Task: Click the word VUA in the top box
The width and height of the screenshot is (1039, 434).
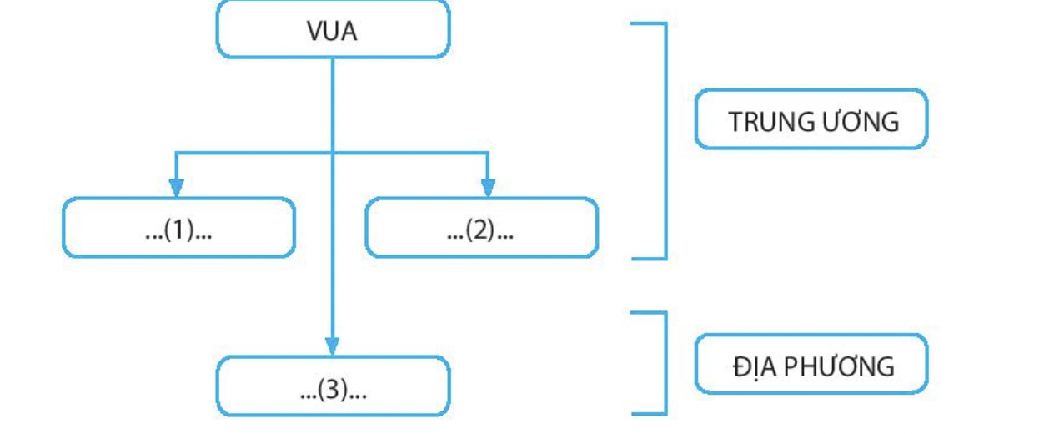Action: [x=332, y=32]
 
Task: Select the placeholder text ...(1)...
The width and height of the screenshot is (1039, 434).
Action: [x=178, y=230]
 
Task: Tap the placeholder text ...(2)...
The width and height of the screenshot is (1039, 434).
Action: [x=481, y=230]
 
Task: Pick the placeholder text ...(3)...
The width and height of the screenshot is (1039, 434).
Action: [x=334, y=390]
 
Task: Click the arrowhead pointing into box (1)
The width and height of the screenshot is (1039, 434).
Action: [x=175, y=189]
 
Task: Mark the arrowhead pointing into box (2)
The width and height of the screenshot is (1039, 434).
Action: [x=489, y=189]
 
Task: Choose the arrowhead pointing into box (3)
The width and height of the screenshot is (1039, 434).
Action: [x=333, y=346]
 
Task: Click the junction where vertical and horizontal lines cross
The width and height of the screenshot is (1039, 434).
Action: [x=333, y=153]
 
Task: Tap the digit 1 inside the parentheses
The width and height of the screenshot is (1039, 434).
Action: [x=178, y=230]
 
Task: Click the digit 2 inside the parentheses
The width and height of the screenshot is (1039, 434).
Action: [x=481, y=230]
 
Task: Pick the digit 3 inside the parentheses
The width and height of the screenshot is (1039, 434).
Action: [x=334, y=390]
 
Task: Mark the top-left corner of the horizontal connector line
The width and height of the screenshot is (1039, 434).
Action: [x=175, y=153]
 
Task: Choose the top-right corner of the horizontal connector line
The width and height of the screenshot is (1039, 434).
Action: [x=489, y=153]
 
